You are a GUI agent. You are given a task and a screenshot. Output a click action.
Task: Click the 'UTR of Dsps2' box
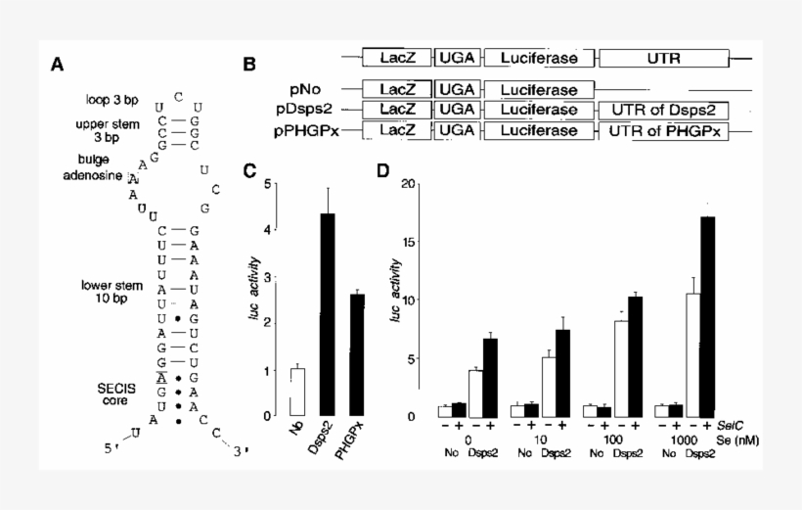[x=669, y=111]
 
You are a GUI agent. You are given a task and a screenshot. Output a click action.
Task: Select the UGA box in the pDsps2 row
[x=456, y=111]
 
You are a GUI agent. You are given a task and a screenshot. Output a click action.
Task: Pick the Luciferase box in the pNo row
[x=538, y=90]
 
